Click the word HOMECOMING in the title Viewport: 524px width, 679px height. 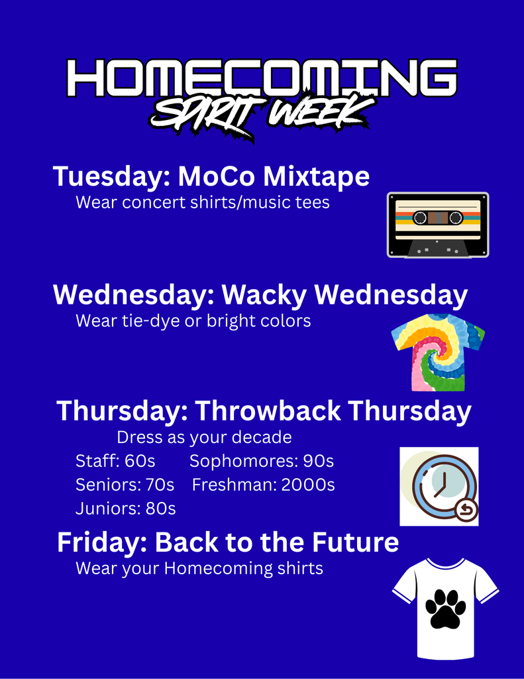tap(262, 78)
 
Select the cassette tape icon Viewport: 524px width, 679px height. tap(438, 225)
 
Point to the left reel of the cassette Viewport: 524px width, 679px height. tap(420, 217)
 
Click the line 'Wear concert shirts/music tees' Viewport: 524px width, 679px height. tap(203, 202)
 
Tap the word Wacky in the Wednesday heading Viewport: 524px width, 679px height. tap(264, 295)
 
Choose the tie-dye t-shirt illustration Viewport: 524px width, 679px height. tap(438, 352)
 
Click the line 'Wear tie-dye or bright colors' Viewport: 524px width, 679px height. tap(193, 321)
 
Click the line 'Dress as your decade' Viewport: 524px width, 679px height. tap(204, 438)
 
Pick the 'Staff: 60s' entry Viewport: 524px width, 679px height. tap(115, 461)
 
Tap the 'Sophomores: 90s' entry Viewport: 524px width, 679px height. tap(262, 462)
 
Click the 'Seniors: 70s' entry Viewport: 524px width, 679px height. tap(125, 485)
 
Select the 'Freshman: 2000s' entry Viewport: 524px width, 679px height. tap(263, 485)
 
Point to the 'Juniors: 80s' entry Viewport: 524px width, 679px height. tap(125, 509)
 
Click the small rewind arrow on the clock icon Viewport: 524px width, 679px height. tap(466, 510)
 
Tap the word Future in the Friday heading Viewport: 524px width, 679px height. tap(355, 542)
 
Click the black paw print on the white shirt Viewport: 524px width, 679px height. tap(446, 609)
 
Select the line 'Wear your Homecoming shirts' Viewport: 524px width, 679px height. tap(199, 568)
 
